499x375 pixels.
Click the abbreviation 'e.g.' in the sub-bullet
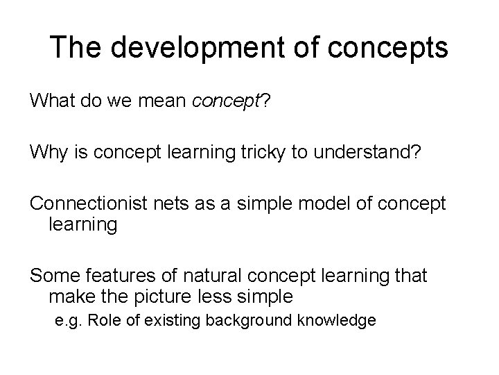pyautogui.click(x=69, y=322)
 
